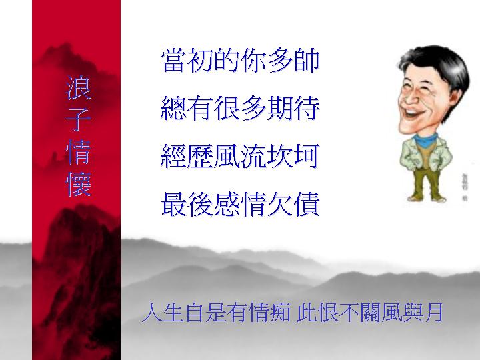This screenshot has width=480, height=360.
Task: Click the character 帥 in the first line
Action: point(307,60)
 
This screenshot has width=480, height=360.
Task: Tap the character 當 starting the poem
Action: point(173,60)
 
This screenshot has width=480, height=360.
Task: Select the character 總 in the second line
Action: point(173,108)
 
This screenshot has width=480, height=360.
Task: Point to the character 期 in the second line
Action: point(280,108)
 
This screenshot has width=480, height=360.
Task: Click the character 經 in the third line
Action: point(173,156)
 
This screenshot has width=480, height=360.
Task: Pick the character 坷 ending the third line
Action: point(307,156)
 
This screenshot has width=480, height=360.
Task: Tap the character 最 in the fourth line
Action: point(173,204)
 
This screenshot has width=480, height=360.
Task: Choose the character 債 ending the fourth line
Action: point(307,204)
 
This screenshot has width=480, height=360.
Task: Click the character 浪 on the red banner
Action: point(79,87)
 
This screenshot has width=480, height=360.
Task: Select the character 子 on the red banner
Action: point(79,120)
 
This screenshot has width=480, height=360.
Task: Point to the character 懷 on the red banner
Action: point(79,184)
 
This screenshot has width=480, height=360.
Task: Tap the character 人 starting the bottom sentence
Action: point(152,312)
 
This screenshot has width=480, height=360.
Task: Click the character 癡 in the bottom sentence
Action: point(280,312)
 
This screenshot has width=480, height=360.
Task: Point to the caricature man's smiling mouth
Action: point(413,113)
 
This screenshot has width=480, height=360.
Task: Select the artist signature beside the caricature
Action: point(465,187)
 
